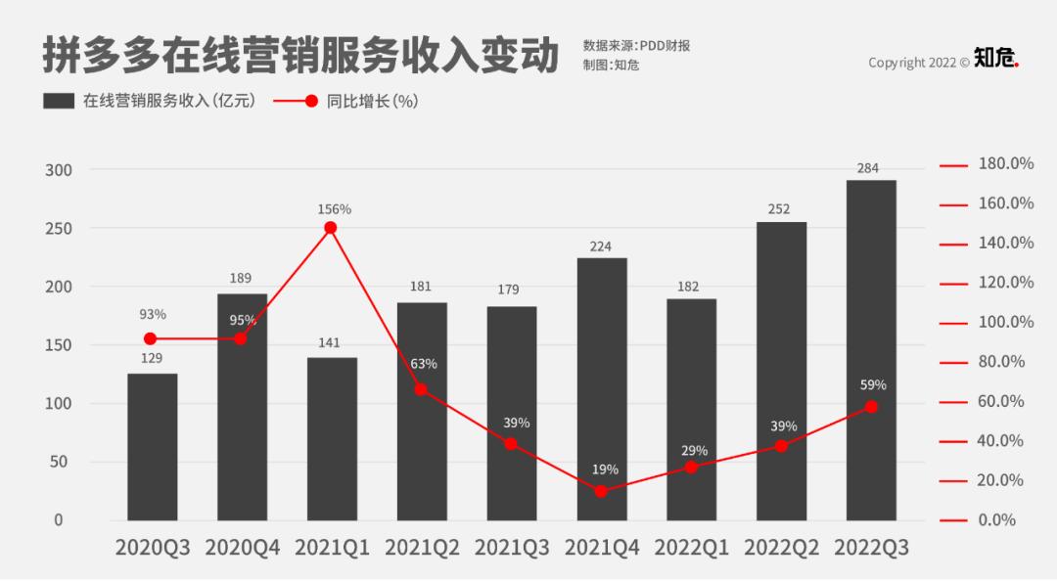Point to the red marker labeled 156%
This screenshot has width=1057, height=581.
[x=331, y=228]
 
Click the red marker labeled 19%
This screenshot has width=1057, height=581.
[x=601, y=491]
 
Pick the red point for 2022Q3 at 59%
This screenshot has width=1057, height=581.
[x=871, y=407]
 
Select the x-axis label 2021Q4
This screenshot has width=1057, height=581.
[x=602, y=548]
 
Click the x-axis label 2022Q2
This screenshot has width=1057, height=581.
[x=781, y=548]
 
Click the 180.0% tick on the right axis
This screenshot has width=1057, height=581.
[x=1006, y=164]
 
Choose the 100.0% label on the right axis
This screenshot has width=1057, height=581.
[x=1006, y=323]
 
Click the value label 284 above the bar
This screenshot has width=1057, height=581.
[x=867, y=168]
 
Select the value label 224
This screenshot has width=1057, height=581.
[x=601, y=246]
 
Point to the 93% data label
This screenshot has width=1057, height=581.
[x=153, y=314]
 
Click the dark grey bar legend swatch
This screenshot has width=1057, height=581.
[x=59, y=101]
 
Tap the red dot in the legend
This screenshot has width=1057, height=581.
[x=311, y=101]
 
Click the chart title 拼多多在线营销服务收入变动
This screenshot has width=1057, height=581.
[x=299, y=55]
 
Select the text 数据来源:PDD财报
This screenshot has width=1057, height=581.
[x=636, y=45]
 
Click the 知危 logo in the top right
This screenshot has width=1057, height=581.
[x=995, y=61]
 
